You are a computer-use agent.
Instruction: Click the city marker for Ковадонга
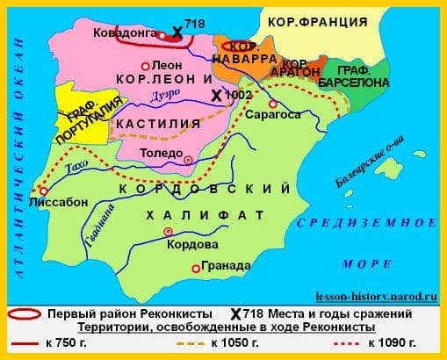(x=161, y=35)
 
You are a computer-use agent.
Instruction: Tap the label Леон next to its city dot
(x=167, y=65)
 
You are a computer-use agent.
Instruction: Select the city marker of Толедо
(x=188, y=159)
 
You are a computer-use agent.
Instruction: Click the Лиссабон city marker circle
(x=43, y=190)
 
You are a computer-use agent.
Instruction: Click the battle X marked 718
(x=177, y=32)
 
